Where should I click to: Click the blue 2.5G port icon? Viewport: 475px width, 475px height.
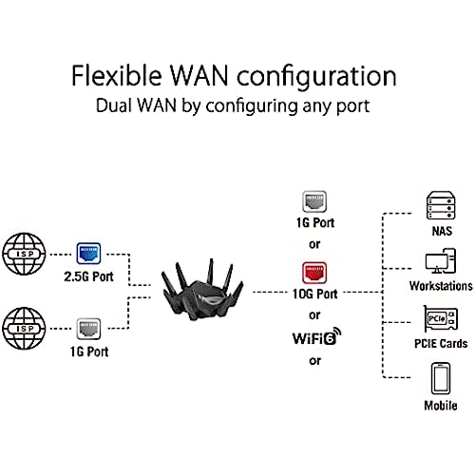coord(88,254)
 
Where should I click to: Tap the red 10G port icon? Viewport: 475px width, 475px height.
coord(314,273)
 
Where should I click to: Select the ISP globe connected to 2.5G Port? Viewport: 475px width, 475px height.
coord(24,254)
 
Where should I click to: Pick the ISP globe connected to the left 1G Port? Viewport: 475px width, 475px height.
coord(24,329)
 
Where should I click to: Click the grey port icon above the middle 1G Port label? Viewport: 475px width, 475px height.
coord(314,201)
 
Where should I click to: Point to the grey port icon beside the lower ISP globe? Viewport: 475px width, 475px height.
coord(89,329)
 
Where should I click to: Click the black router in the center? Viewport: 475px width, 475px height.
coord(202,291)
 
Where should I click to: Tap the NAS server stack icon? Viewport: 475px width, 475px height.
coord(441,205)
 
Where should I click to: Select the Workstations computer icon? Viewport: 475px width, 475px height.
coord(441,261)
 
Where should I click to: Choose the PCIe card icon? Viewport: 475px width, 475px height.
coord(441,319)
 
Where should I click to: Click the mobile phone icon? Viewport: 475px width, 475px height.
coord(441,379)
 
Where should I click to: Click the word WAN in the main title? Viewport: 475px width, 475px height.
coord(199,76)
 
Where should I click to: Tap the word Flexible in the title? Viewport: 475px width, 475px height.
coord(117,75)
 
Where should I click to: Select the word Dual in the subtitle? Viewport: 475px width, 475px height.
coord(114,105)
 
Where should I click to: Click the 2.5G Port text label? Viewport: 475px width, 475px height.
coord(89,276)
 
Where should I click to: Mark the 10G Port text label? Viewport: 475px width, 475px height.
coord(315,294)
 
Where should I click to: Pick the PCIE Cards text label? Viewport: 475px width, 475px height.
coord(441,344)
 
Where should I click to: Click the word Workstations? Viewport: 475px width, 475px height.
coord(441,286)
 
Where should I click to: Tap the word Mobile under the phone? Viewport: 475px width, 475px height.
coord(441,406)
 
